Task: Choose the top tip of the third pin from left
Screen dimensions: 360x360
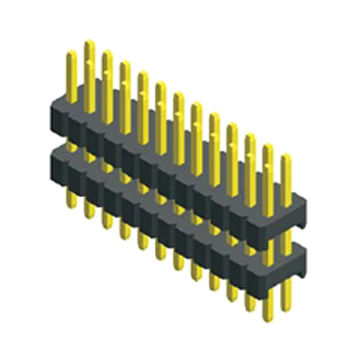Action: point(105,59)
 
